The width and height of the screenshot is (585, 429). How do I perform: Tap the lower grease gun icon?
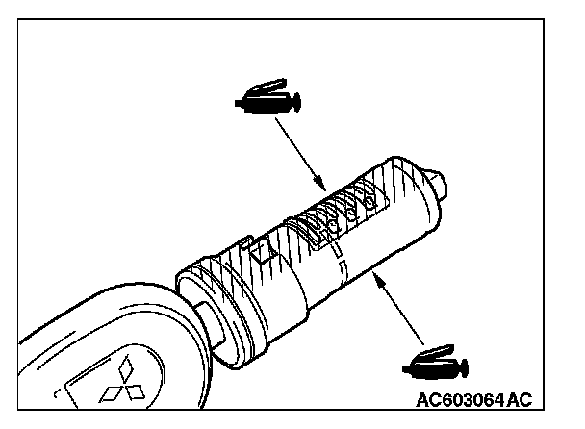tap(434, 364)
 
